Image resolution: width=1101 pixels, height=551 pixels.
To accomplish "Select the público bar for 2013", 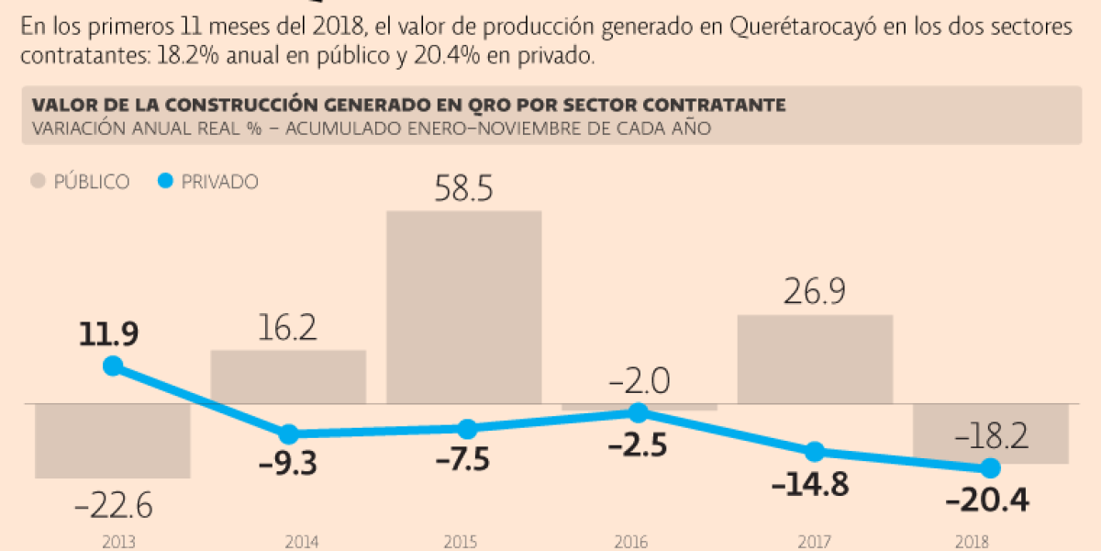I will pos(112,440).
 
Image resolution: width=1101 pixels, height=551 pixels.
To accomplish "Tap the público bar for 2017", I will pos(815,359).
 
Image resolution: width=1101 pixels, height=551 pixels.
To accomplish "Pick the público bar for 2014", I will pos(288,377).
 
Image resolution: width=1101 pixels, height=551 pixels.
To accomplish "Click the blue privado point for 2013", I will pos(113,366).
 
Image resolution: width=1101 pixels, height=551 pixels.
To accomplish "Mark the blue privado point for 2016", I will pos(639,413).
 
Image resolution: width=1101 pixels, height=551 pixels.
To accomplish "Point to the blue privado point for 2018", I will pos(990,468).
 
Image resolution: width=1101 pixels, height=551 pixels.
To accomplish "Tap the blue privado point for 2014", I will pos(288,433).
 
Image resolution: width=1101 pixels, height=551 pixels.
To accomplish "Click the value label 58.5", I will pos(463,190).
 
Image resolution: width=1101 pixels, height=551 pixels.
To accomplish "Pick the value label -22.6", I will pos(113,504).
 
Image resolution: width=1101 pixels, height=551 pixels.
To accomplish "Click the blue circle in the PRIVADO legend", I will pos(165,182).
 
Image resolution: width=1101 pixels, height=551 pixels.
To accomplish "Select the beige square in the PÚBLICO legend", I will pos(39,182).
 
